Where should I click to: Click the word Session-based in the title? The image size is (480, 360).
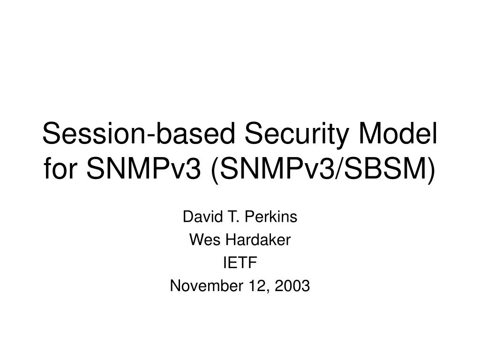click(x=139, y=133)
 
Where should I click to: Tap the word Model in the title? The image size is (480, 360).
click(x=398, y=133)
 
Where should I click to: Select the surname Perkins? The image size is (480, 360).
click(x=271, y=217)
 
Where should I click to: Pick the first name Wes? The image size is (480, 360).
click(x=205, y=240)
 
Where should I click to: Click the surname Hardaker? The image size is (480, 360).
click(x=258, y=240)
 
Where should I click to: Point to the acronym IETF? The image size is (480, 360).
click(x=240, y=262)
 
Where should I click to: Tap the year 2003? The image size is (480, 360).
click(x=292, y=285)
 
